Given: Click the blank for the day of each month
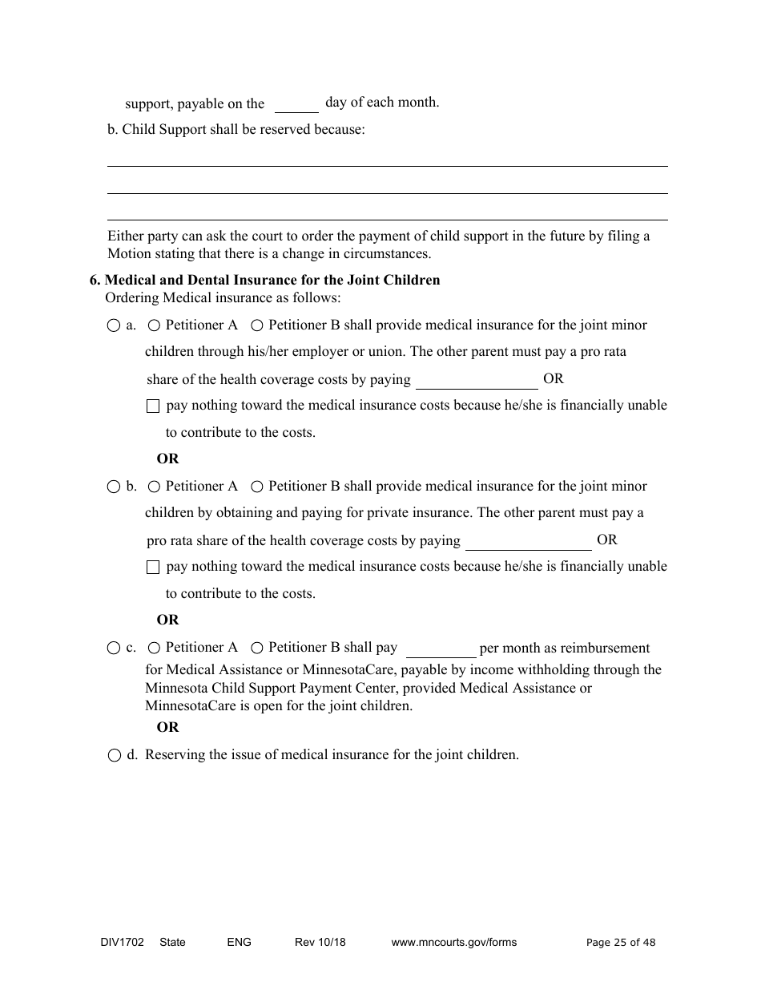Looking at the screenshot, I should point(296,105).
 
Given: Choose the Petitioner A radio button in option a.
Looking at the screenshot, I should point(154,325).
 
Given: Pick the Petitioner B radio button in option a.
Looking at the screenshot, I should point(257,325).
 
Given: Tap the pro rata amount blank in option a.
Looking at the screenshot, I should point(477,381).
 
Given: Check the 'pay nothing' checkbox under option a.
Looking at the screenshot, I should point(153,406).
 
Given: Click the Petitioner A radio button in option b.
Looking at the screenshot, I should point(154,487).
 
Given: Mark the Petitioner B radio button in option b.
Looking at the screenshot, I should point(257,487).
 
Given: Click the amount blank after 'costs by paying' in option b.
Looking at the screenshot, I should point(528,542).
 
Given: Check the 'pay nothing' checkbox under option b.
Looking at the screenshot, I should point(153,568).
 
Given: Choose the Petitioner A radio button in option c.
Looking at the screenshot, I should point(154,648).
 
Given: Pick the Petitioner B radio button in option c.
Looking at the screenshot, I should point(257,648).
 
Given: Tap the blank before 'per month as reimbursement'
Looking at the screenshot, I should point(441,649).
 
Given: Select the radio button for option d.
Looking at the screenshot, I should point(114,756).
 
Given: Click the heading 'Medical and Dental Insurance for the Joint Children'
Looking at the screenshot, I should point(272,281).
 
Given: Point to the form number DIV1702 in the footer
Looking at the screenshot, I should point(117,943).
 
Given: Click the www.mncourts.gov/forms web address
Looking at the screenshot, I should point(454,943).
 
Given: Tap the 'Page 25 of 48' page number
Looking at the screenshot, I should point(621,943).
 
